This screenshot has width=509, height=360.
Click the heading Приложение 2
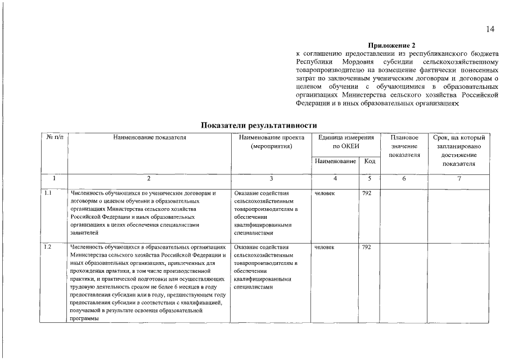click(x=391, y=45)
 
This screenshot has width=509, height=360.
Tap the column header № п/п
click(x=53, y=137)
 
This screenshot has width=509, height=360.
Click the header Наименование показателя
click(x=149, y=137)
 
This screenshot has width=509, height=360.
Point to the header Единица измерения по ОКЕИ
click(x=345, y=142)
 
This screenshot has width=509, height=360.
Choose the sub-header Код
click(x=370, y=161)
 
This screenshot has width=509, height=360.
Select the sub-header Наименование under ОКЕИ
click(x=336, y=161)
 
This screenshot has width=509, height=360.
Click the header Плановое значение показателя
click(x=404, y=146)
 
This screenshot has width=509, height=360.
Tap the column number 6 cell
click(x=404, y=178)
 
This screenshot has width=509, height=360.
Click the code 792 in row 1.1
click(x=367, y=193)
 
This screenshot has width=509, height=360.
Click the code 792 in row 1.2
click(x=367, y=247)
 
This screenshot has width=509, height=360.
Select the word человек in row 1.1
click(x=325, y=193)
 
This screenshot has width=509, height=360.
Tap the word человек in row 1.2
click(x=325, y=247)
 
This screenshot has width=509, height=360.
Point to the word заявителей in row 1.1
click(x=84, y=232)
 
